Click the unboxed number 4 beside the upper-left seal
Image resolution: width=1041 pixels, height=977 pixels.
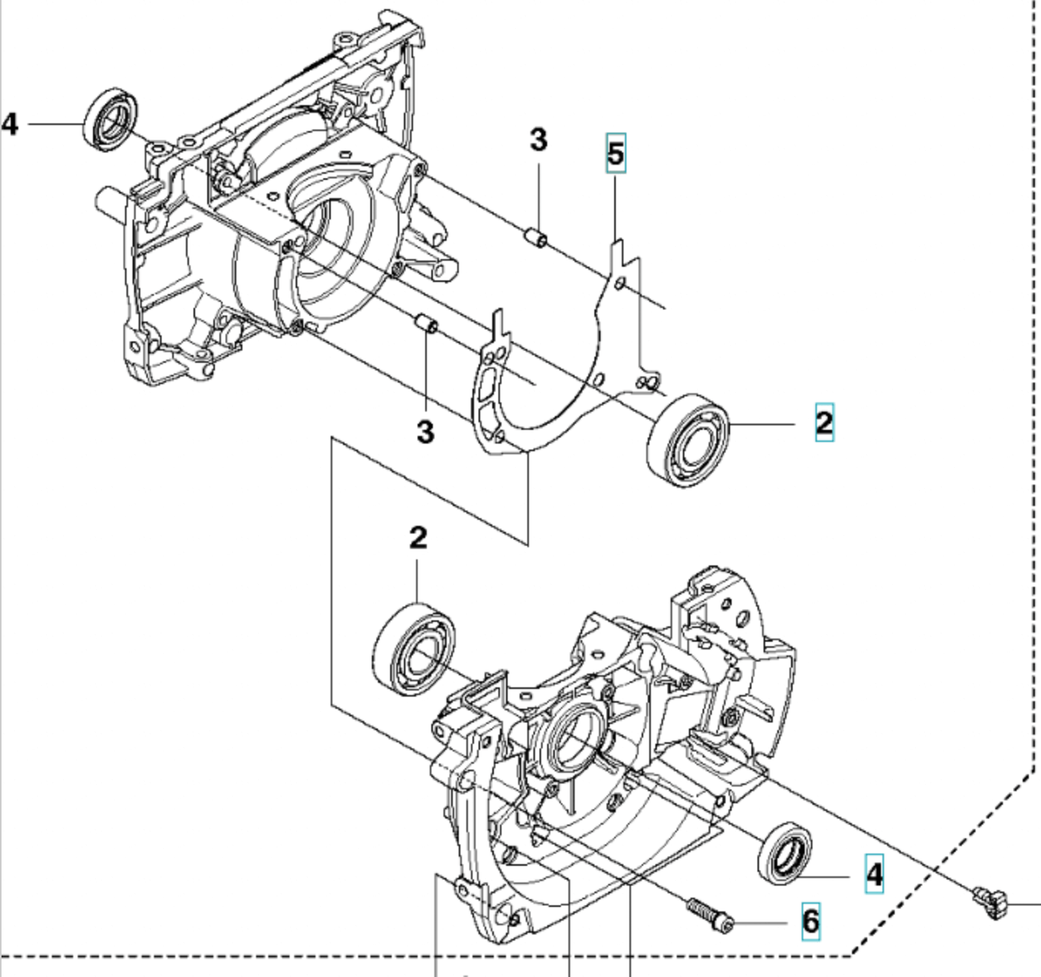coord(10,123)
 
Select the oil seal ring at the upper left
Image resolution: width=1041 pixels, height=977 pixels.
coord(111,120)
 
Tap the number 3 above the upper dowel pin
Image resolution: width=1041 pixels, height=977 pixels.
coord(539,140)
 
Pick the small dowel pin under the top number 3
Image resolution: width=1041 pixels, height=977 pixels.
coord(536,238)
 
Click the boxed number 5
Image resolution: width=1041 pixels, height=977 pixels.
coord(616,153)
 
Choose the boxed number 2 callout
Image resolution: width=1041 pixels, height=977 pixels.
coord(824,422)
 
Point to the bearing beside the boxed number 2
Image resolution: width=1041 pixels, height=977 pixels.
coord(687,437)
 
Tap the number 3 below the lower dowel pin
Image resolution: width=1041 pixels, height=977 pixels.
coord(425,431)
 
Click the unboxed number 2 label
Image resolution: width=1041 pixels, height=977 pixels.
coord(418,538)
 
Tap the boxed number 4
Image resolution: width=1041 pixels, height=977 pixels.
coord(874,873)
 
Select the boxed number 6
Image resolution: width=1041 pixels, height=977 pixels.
coord(810,921)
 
